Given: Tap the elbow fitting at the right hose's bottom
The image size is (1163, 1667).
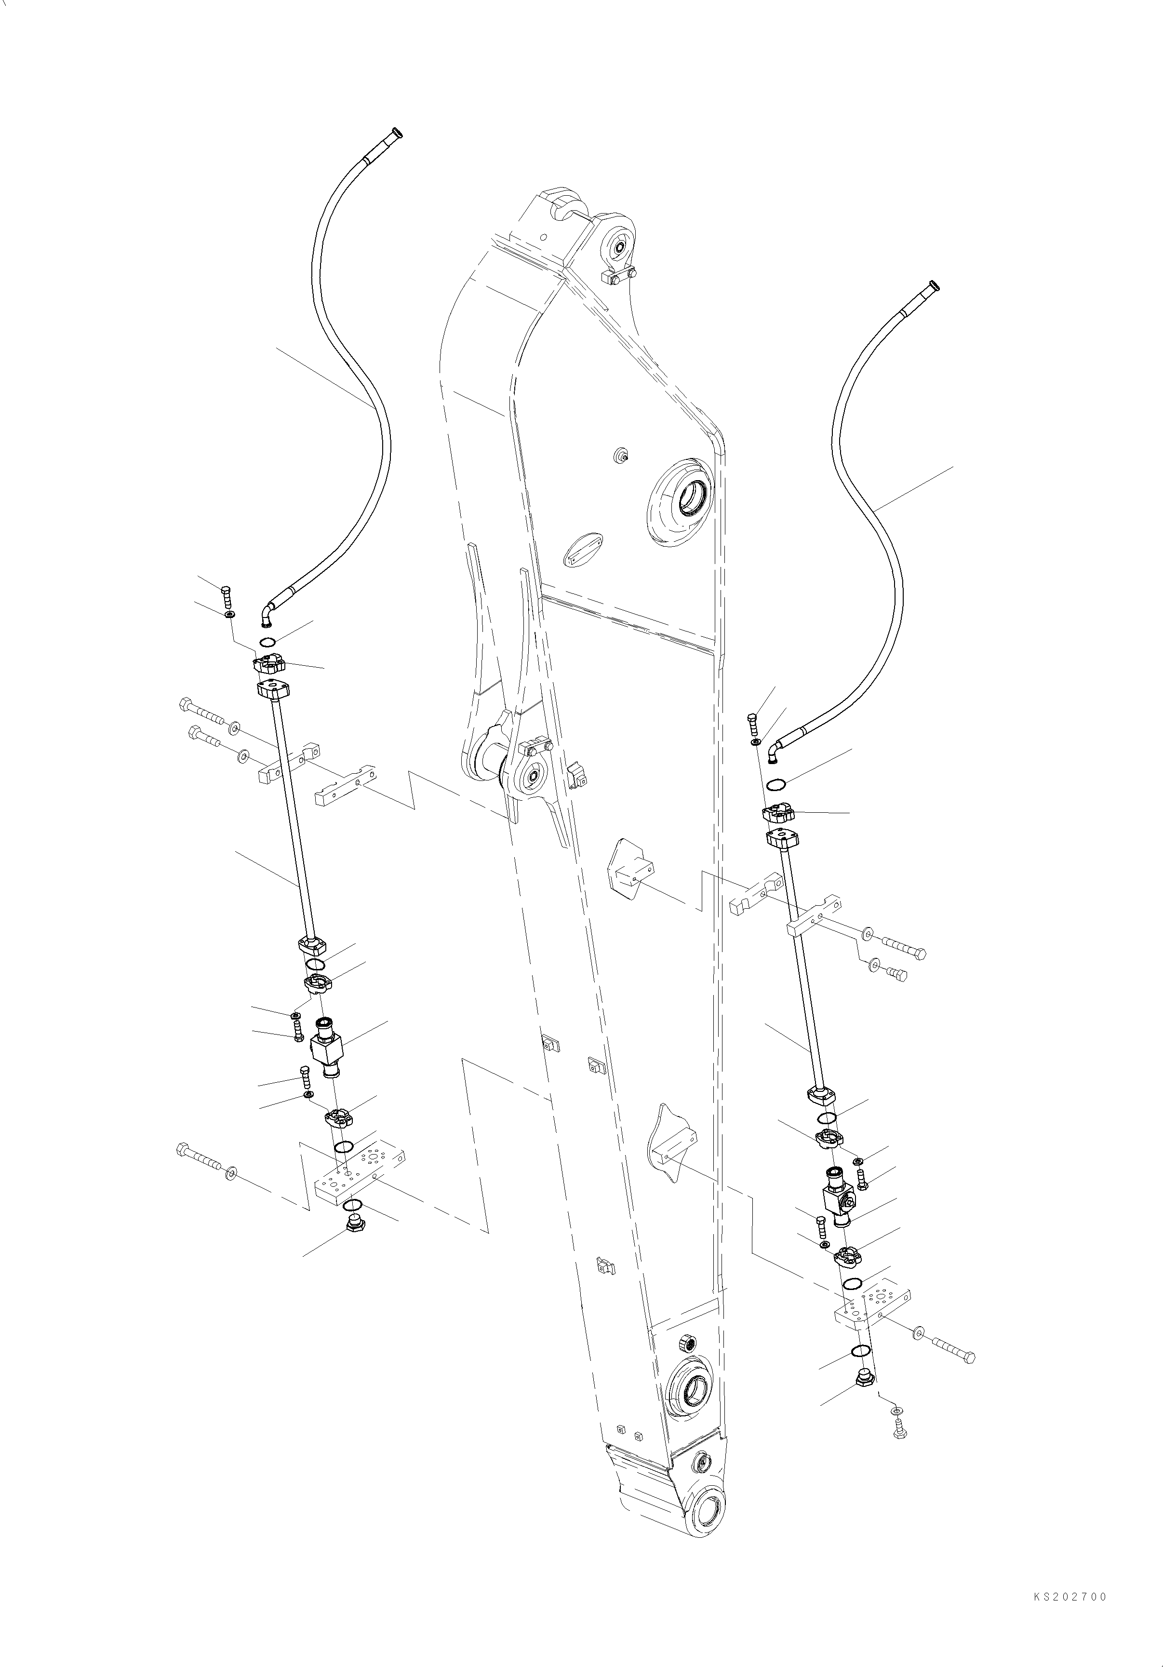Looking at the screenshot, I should pos(774,753).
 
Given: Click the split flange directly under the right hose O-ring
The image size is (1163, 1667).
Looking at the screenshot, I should pos(779,812).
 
